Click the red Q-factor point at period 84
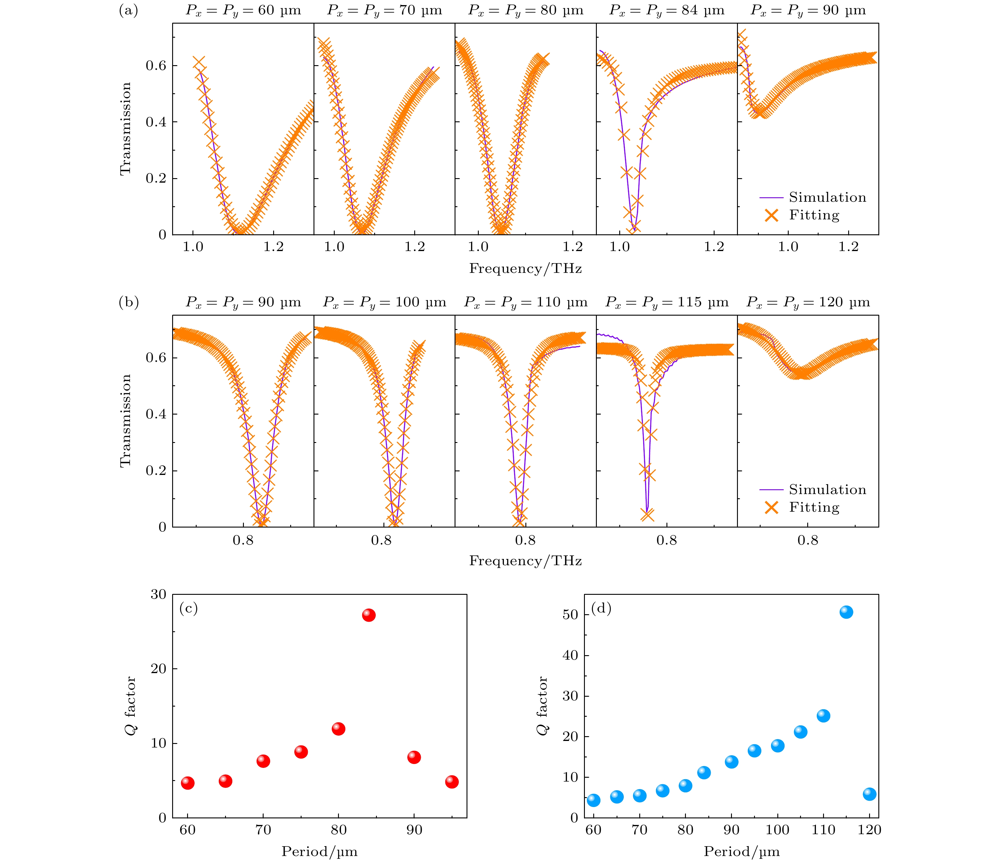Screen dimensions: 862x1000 tap(369, 615)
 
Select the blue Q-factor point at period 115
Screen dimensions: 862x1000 tap(846, 612)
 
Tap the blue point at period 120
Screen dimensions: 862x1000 tap(869, 794)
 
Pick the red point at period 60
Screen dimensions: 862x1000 tap(188, 783)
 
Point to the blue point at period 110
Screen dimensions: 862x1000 tap(823, 716)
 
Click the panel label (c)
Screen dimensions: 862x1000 tap(189, 609)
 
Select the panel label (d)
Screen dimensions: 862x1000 tap(601, 608)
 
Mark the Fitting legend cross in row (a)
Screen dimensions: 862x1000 tap(772, 215)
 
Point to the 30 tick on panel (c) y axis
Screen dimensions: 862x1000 tap(158, 594)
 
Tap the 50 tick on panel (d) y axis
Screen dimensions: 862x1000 tap(571, 615)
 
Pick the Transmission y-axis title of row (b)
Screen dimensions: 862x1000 tap(126, 420)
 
